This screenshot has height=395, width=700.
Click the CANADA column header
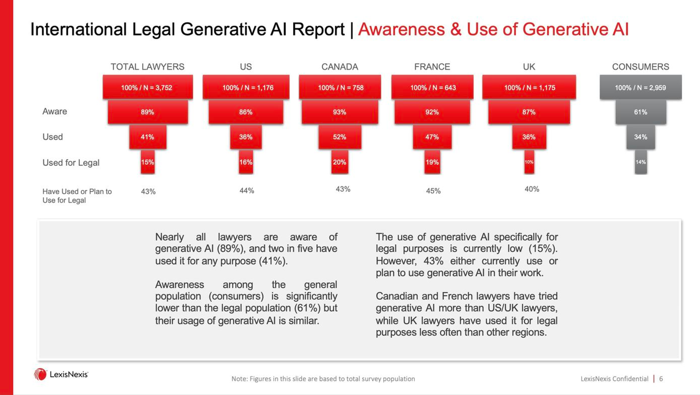click(339, 67)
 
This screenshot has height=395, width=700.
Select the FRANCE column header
click(432, 67)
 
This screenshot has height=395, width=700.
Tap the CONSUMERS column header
click(640, 67)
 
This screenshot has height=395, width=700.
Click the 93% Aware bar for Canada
click(339, 112)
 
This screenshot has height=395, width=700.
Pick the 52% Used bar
click(339, 137)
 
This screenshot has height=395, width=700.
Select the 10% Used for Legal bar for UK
click(529, 162)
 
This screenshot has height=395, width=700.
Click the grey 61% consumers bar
click(640, 112)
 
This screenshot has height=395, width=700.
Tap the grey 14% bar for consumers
click(640, 162)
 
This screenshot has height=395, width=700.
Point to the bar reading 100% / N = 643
click(432, 87)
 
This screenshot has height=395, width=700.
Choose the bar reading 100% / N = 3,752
click(147, 87)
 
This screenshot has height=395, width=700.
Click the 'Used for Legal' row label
click(71, 163)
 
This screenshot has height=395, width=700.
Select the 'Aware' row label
click(55, 111)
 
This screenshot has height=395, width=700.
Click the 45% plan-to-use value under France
click(433, 191)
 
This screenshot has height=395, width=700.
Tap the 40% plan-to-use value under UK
click(532, 189)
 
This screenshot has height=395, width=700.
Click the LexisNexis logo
click(61, 374)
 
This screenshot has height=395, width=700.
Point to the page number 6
click(661, 379)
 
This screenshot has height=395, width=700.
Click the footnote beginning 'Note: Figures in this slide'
click(323, 379)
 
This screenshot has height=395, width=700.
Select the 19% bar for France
click(432, 162)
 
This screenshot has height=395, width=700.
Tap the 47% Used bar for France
click(432, 137)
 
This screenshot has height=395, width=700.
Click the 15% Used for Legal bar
click(147, 162)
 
